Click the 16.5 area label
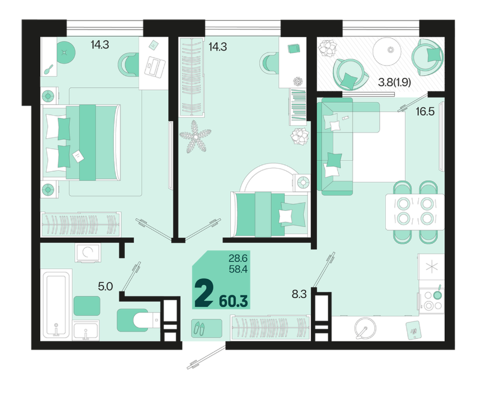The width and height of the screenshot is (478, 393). coord(425,112)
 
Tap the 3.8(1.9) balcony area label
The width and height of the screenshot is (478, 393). coord(395,83)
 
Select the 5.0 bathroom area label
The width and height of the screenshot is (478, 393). coord(105,287)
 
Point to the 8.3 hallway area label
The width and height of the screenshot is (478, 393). coord(299,294)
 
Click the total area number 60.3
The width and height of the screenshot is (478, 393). coord(233,302)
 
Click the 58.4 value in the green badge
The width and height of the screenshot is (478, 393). coord(238,270)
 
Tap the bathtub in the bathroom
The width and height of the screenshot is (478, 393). coord(56,303)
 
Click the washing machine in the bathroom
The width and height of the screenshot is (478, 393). coord(87,253)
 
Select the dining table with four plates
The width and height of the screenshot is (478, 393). coord(415,211)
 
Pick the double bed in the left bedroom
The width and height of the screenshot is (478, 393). coord(81,143)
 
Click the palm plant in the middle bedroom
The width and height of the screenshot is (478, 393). coord(195,136)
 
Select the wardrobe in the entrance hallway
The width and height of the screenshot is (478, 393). coord(270,328)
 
